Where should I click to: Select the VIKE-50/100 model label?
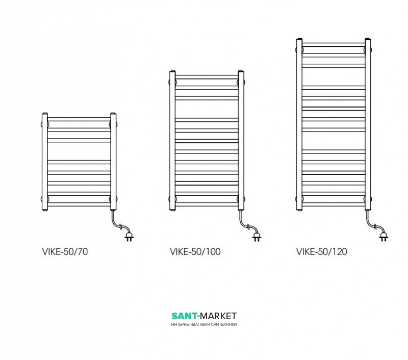(195, 251)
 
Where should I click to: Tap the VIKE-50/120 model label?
(322, 251)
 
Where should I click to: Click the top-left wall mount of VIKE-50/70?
(48, 123)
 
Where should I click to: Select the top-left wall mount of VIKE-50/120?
(302, 49)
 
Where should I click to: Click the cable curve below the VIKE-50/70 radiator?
(118, 224)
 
